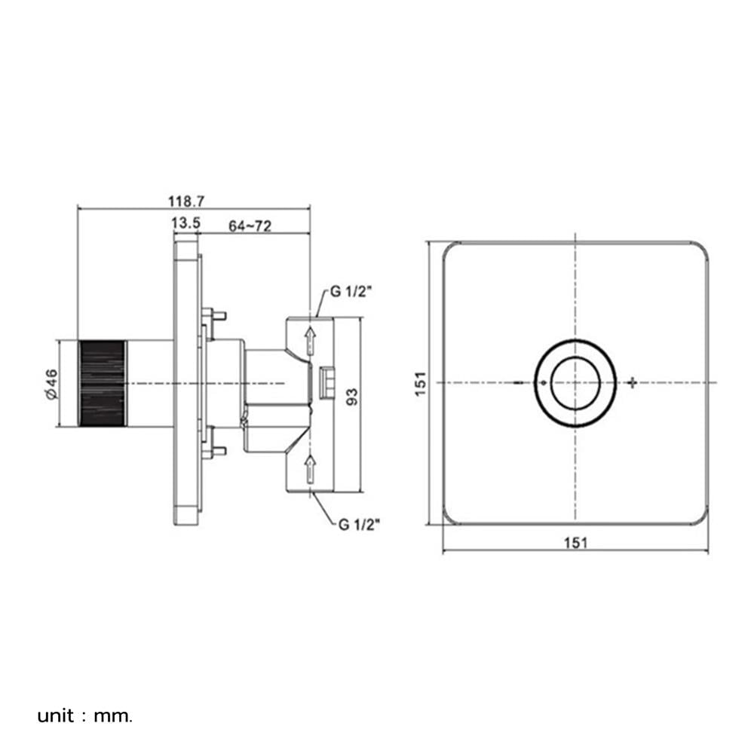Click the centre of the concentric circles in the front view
coord(575,383)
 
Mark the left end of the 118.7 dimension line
coord(78,209)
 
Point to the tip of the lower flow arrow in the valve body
coord(311,455)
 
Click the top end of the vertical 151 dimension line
coord(428,241)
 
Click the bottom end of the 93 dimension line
coord(359,492)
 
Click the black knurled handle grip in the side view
coord(103,383)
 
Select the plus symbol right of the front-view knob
coord(633,383)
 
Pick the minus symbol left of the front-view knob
coord(519,383)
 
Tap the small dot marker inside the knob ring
coord(544,383)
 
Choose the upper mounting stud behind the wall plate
coord(215,315)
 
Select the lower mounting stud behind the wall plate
coord(215,451)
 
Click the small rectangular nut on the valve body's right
coord(327,382)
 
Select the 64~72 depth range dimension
coord(250,226)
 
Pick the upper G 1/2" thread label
coord(351,292)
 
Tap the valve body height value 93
coord(352,397)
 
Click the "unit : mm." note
coord(84,716)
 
